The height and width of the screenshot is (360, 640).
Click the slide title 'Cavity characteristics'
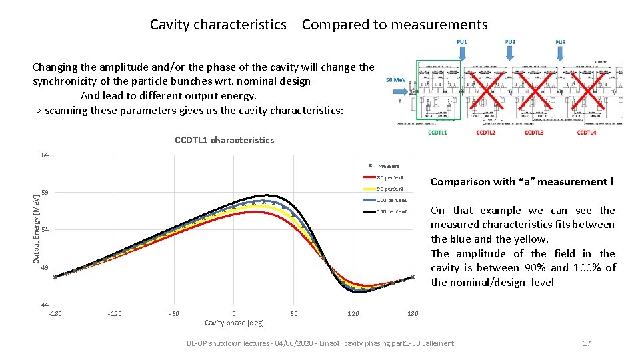click(x=319, y=25)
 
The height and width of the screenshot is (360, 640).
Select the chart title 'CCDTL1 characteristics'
click(x=224, y=140)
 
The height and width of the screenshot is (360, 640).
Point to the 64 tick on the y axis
click(x=44, y=155)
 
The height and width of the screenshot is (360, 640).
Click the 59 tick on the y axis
click(x=44, y=193)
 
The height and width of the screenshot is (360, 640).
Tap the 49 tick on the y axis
click(x=44, y=268)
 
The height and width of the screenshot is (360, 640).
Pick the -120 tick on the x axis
click(x=115, y=313)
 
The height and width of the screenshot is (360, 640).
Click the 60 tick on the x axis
click(x=294, y=313)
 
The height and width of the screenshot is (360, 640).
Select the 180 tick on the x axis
click(x=413, y=313)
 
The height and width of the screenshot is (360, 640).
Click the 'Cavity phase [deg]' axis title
click(x=234, y=323)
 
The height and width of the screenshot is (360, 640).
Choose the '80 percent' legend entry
click(x=390, y=177)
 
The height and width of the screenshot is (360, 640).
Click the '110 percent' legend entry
click(x=391, y=211)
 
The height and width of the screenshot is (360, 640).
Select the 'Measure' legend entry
click(x=388, y=166)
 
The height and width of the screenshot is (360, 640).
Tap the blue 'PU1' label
click(x=462, y=42)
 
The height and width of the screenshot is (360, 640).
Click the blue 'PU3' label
click(x=561, y=42)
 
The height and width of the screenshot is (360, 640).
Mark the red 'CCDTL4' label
click(x=586, y=133)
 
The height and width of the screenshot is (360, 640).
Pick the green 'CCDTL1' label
click(x=438, y=133)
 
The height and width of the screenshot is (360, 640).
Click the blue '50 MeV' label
click(x=396, y=80)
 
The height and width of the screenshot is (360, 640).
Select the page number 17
click(x=587, y=343)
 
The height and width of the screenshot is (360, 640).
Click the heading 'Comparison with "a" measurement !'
click(x=522, y=182)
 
